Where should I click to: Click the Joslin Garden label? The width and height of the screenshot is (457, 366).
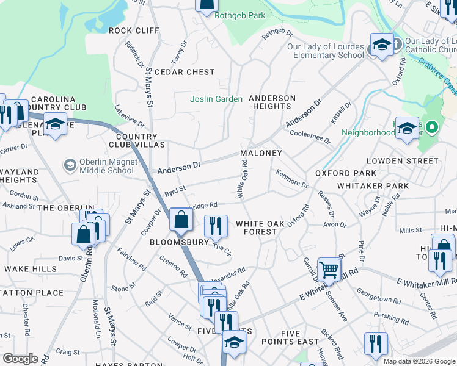pos(216,99)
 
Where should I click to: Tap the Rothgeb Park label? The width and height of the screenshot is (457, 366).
pos(240,15)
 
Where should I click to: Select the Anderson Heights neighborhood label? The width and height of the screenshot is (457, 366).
pos(272,102)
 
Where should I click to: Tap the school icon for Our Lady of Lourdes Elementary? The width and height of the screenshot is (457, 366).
pos(382,45)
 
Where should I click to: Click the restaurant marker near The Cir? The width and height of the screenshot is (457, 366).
pos(215,225)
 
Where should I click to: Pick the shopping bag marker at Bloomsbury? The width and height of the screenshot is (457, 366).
pos(181,220)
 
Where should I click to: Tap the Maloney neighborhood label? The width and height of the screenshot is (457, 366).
pos(261,153)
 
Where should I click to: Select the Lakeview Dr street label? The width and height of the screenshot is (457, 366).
pos(129,116)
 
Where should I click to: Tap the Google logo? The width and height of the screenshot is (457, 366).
pos(21,359)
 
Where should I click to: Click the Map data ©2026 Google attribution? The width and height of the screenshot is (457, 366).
pos(419,361)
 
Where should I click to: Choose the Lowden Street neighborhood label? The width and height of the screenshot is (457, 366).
pos(402,161)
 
